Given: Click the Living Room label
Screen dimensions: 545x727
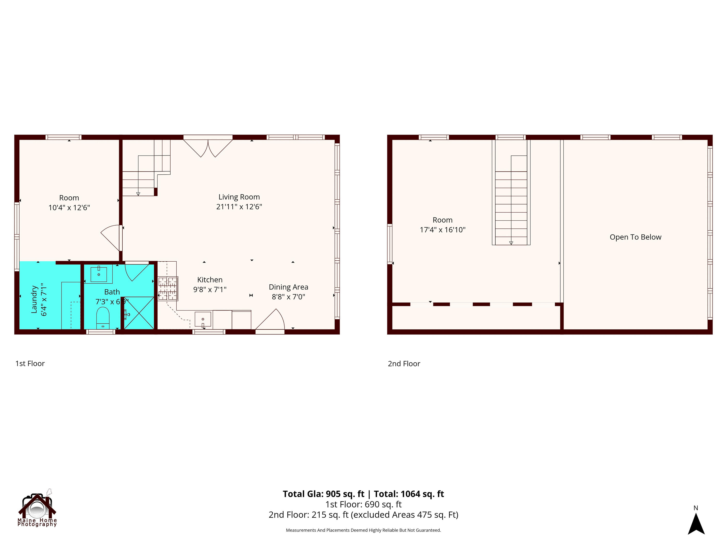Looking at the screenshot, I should (x=239, y=197).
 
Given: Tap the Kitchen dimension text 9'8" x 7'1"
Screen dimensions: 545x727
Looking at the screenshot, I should (x=210, y=289).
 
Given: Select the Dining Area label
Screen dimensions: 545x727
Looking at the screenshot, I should (x=288, y=287).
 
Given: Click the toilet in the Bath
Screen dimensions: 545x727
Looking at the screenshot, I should (x=103, y=317).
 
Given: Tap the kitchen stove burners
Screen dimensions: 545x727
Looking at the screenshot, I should (x=168, y=289).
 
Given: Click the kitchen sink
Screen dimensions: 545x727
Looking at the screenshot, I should (x=203, y=319).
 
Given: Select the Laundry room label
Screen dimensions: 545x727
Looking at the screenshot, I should (x=34, y=299).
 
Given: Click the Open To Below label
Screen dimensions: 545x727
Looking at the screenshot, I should (x=635, y=237).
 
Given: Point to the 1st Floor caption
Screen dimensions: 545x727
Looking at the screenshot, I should (x=30, y=364).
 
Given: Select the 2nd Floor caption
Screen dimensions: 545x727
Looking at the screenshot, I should (x=404, y=364).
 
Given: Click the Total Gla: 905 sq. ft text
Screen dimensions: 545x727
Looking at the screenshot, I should (x=324, y=494).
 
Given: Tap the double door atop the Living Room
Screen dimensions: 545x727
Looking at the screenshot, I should (x=208, y=148).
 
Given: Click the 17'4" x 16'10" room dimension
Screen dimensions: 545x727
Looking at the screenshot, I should (x=442, y=230).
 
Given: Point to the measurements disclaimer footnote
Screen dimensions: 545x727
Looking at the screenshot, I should (x=363, y=530).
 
